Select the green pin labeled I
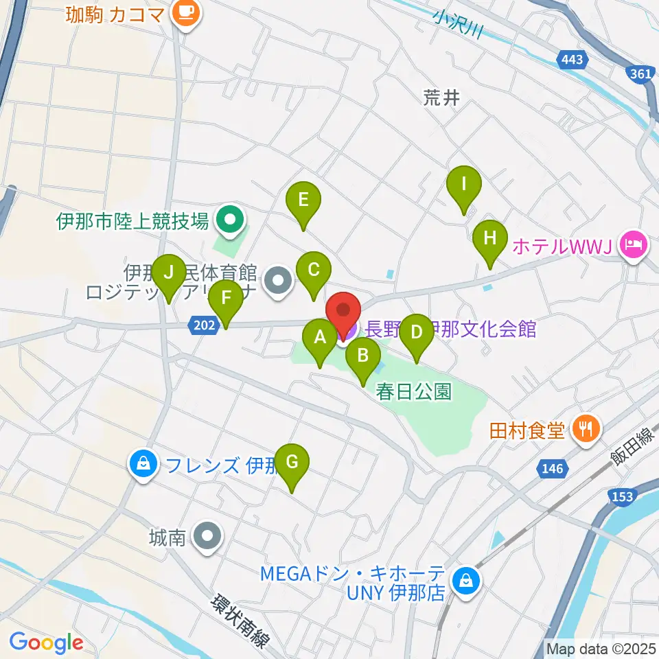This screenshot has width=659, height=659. click(x=463, y=185)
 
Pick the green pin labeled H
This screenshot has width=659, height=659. click(x=489, y=239)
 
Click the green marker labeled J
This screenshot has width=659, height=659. click(x=167, y=273)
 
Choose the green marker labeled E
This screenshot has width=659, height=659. click(x=303, y=200)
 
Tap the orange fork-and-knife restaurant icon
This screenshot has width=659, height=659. click(x=585, y=430)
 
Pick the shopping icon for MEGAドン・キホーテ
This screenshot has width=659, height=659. click(x=466, y=581)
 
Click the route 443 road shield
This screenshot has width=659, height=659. click(x=572, y=60)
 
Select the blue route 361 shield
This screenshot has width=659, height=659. click(x=641, y=73)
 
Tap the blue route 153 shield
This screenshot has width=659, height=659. click(x=621, y=496)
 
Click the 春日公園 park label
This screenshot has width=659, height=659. click(x=414, y=391)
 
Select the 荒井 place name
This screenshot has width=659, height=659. click(x=441, y=98)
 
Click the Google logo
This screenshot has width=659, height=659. click(x=45, y=642)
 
